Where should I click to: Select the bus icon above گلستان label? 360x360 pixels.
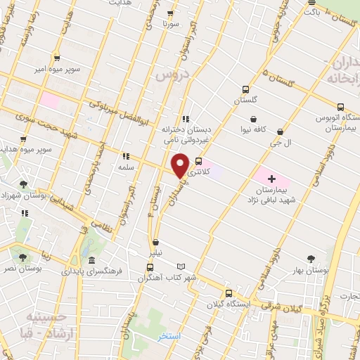pyautogui.click(x=245, y=89)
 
